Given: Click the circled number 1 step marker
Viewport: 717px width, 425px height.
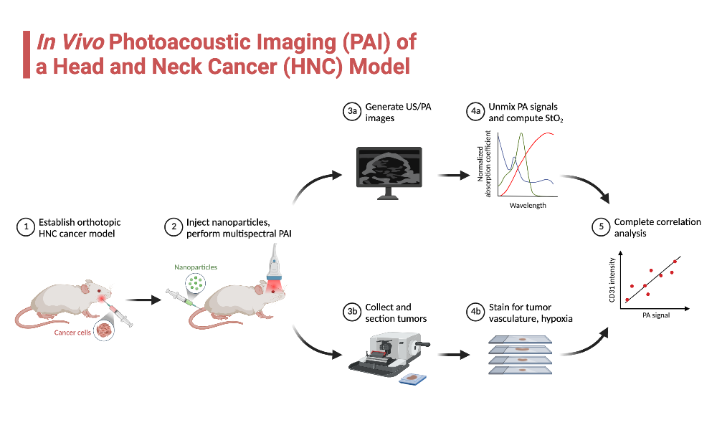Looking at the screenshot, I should (x=25, y=227).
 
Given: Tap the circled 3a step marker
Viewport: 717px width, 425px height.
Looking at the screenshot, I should (x=351, y=112).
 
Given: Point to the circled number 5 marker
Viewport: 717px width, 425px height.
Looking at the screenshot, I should (x=600, y=227).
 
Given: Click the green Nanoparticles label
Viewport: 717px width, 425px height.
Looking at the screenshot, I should (x=196, y=267).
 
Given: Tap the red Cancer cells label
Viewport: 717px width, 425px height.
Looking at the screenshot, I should (x=72, y=333).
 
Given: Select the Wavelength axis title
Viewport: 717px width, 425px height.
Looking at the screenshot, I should (x=528, y=206).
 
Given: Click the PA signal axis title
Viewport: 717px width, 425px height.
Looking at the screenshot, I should (x=655, y=315).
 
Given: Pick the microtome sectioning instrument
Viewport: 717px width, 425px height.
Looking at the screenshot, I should (x=387, y=353).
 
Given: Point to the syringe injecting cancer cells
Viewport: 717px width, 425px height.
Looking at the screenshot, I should (x=119, y=315).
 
